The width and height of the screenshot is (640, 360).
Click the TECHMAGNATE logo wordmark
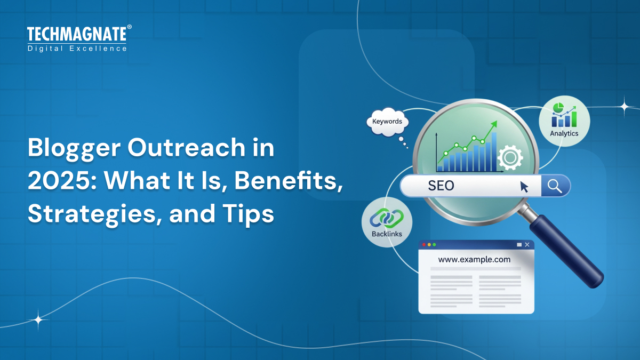[77, 35]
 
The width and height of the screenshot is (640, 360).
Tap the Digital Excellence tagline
[77, 49]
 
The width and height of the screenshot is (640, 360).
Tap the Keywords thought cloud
[387, 122]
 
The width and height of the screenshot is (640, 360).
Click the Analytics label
[564, 133]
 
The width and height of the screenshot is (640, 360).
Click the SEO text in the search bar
[441, 186]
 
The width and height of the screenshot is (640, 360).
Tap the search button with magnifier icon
[555, 186]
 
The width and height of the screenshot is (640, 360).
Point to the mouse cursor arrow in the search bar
[524, 187]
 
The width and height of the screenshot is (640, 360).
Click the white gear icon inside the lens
[509, 157]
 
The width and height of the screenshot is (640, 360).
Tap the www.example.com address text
[474, 260]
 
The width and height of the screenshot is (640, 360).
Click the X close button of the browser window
[527, 245]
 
